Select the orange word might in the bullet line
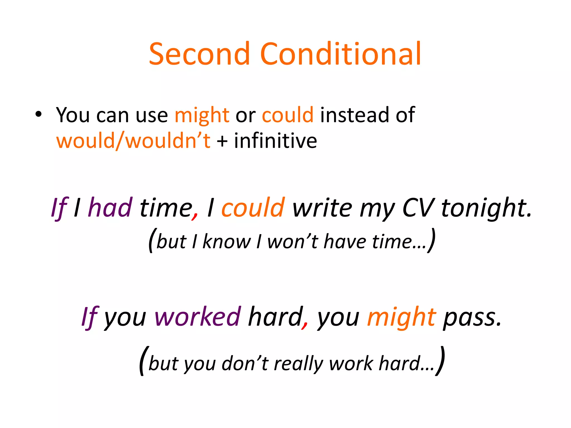(202, 115)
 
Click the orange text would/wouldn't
(133, 141)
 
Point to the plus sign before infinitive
(222, 141)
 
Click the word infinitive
(275, 141)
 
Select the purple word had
(110, 208)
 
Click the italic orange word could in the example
(253, 208)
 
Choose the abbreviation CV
(418, 208)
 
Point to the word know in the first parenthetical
(226, 241)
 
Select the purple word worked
(197, 317)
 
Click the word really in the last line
(298, 364)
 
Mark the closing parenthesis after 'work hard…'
(440, 361)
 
